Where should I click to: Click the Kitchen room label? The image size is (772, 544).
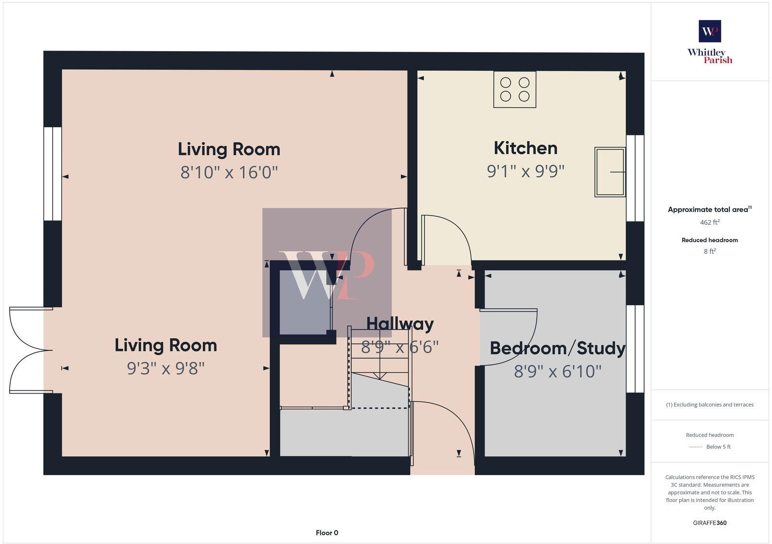tap(525, 148)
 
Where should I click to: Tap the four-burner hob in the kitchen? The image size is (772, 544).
tap(515, 89)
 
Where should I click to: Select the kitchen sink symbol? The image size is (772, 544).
tap(610, 172)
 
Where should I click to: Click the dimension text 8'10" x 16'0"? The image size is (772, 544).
tap(229, 172)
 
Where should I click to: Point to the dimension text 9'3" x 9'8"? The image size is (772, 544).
tap(165, 368)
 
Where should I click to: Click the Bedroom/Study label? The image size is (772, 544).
tap(557, 348)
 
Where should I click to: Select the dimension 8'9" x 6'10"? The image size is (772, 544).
tap(557, 371)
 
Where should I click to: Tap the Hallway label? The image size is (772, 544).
tap(400, 324)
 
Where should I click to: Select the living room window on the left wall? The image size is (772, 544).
tap(53, 174)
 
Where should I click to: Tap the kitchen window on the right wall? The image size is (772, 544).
tap(635, 178)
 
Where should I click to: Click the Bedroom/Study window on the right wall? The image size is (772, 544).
tap(635, 348)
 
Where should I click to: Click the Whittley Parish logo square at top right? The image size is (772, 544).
tap(710, 31)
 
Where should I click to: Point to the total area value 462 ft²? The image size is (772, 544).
tap(710, 222)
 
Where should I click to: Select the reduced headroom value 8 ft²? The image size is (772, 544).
tap(710, 251)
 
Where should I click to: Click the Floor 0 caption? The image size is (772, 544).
tap(327, 533)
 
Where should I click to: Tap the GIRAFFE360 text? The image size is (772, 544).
tap(710, 523)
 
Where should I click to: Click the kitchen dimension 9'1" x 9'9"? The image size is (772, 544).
tap(525, 171)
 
